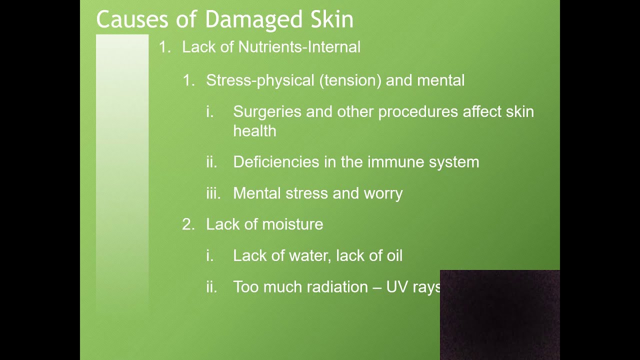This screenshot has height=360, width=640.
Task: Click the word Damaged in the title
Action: [x=253, y=20]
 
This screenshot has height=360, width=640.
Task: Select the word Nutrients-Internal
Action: [x=299, y=47]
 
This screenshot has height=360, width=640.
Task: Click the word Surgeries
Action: [x=267, y=111]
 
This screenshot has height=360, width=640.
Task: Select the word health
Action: [x=254, y=131]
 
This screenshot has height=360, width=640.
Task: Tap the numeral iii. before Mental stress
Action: [x=213, y=193]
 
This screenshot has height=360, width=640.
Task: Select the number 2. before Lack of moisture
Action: [x=188, y=224]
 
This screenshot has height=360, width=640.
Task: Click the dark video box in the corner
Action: [x=499, y=314]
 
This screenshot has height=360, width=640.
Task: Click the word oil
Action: [x=393, y=256]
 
